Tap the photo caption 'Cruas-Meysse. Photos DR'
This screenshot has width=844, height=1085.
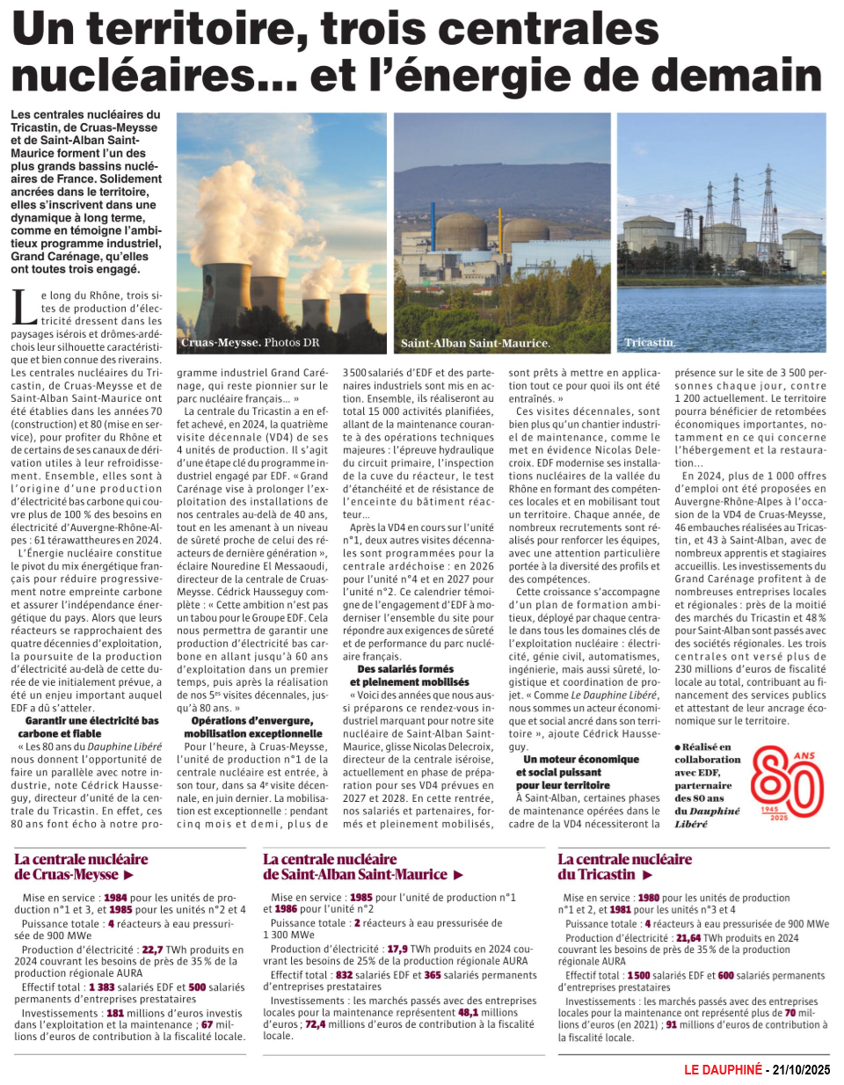pos(250,343)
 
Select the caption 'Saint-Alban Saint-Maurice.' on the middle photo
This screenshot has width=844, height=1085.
pos(475,344)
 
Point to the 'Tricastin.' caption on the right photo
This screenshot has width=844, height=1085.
pos(650,343)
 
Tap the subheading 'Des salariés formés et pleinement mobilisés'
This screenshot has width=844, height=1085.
pos(409,675)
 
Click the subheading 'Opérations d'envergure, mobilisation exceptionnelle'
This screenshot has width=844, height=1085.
pos(253,727)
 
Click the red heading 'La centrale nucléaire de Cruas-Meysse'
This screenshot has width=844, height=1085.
pos(81,867)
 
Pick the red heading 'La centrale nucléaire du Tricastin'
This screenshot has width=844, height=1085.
pos(624,867)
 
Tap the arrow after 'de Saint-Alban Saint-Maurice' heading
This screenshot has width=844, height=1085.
pos(458,876)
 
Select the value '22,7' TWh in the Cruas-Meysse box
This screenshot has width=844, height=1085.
pos(152,950)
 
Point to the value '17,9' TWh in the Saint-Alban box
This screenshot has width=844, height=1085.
pos(397,950)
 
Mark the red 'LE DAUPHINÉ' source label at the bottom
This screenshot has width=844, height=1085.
pos(723,1070)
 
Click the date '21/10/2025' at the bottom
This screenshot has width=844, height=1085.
pos(801,1070)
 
